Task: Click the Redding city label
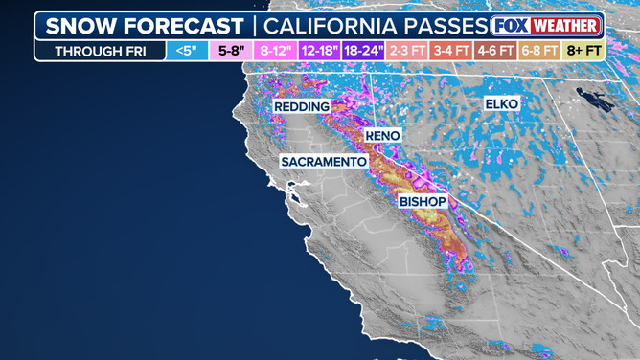coord(302,106)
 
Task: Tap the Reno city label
coord(383,137)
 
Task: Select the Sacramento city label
coord(324,162)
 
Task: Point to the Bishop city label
coord(423,202)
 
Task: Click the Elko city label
coord(501,102)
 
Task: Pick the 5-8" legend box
coord(231,51)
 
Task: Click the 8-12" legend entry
coord(274,51)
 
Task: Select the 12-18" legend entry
coord(319,51)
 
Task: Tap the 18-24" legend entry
coord(364,51)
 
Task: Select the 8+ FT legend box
coord(583,51)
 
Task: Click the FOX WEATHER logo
coord(545,25)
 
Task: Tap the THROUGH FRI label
coord(101,51)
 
